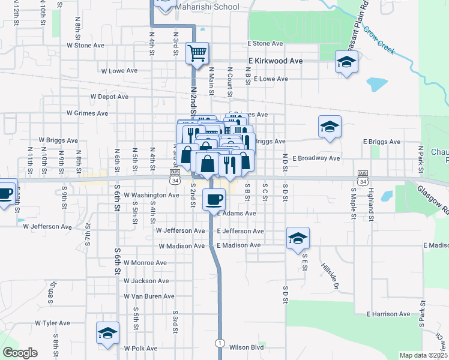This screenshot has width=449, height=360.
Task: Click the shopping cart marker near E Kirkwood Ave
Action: point(197,53)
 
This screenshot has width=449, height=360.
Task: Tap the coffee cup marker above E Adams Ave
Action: point(214,199)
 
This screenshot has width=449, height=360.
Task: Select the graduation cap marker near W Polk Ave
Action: point(108,333)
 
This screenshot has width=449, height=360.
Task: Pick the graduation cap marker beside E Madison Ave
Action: point(298,238)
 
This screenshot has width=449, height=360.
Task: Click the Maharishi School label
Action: point(207,7)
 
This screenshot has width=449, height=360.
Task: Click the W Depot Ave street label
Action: point(109,96)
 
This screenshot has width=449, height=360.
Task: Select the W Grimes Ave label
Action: point(87,113)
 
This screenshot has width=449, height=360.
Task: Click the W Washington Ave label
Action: point(151,195)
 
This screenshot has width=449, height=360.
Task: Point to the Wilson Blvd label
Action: point(247,347)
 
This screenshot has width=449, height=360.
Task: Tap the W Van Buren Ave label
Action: point(149,296)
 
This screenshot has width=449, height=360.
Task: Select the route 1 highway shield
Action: point(221,343)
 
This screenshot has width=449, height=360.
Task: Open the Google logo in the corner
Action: point(20,353)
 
